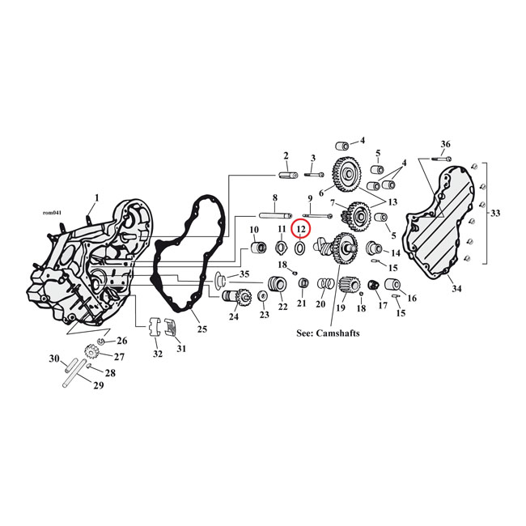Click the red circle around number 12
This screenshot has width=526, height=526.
pos(300,229)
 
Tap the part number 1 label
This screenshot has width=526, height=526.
pos(97,197)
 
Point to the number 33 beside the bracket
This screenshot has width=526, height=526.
pos(495,214)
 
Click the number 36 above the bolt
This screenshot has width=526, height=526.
pos(444,144)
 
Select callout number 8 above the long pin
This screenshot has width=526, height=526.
pos(275,198)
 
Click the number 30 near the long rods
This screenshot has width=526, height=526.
pos(54,358)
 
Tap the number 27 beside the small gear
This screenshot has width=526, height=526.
pos(119,357)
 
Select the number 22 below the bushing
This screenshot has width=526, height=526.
pos(282,307)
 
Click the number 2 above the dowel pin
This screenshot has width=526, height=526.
pos(286,155)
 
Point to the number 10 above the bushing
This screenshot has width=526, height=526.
pos(253,230)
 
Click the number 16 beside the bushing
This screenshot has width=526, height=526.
pos(412,299)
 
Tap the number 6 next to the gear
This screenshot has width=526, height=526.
pos(320,193)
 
